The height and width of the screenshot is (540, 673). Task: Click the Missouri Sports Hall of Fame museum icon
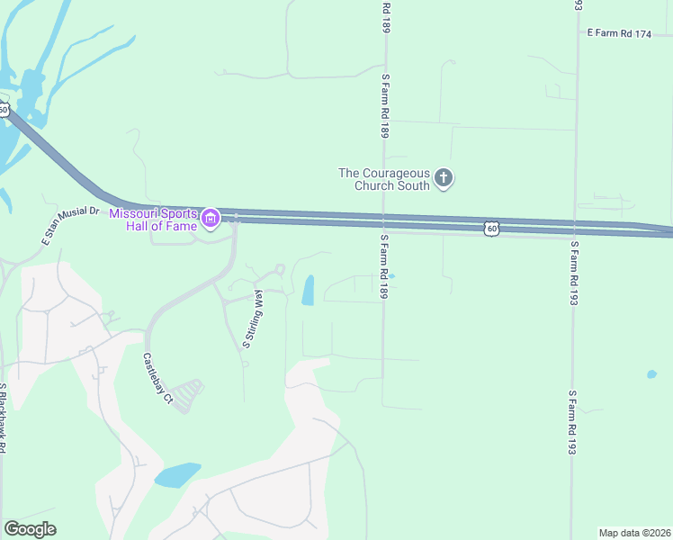coord(211,218)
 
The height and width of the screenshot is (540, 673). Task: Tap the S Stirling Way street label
coord(251,319)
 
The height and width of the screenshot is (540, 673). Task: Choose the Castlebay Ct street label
coord(157,377)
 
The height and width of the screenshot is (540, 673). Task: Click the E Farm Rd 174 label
coord(618,33)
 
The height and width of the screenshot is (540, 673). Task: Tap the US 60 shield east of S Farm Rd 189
coord(490,229)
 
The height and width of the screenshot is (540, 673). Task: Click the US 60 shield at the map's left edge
coord(4,110)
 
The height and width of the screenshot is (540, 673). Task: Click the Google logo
coord(30,529)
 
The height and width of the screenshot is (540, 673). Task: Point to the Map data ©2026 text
coord(635,532)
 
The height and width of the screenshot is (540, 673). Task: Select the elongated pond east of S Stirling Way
coord(309,290)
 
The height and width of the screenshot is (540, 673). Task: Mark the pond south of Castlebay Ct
coord(177,474)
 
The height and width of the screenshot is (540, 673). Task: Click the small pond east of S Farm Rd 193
coord(651,373)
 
